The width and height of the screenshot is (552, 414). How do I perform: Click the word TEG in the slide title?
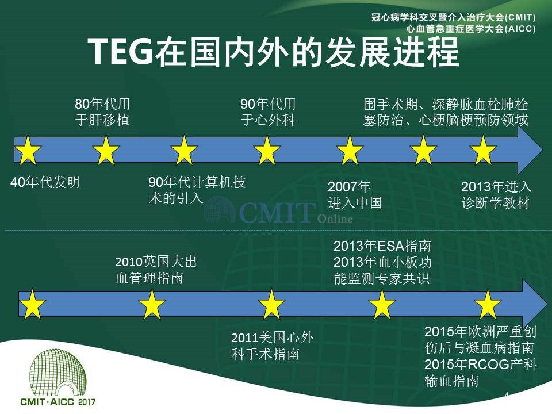point(120,51)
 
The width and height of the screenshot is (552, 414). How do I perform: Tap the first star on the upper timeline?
point(28,150)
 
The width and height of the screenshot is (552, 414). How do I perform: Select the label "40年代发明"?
point(45,182)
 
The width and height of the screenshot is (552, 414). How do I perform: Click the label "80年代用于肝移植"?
point(102,112)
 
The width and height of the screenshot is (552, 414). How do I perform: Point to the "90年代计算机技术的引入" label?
point(197,190)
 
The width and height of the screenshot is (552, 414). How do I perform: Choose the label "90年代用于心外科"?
point(268,112)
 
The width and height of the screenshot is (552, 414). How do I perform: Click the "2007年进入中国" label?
point(355,195)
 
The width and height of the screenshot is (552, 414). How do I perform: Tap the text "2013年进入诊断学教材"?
point(496,195)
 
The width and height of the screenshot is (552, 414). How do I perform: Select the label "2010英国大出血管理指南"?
point(156,270)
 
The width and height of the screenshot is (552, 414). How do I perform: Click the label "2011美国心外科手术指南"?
point(272,346)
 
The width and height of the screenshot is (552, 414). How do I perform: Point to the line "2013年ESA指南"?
point(382,246)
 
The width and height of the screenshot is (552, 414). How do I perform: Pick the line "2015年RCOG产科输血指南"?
point(481,373)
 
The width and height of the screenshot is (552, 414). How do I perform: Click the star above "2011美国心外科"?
point(271,304)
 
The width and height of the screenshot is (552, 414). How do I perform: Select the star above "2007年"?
point(350,150)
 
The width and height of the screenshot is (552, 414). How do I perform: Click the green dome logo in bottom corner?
point(57,373)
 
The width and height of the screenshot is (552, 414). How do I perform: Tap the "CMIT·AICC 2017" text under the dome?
point(57,402)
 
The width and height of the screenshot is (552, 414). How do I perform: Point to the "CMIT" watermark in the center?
point(277,212)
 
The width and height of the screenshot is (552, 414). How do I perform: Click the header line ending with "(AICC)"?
point(471,29)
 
